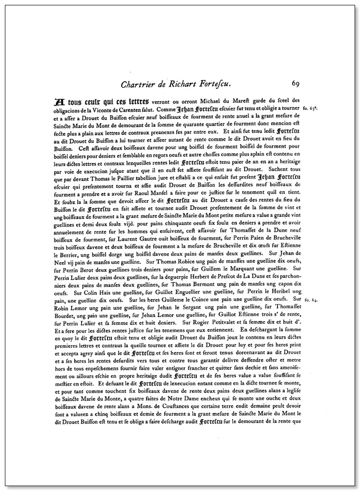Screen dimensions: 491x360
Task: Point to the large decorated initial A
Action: click(60, 102)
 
